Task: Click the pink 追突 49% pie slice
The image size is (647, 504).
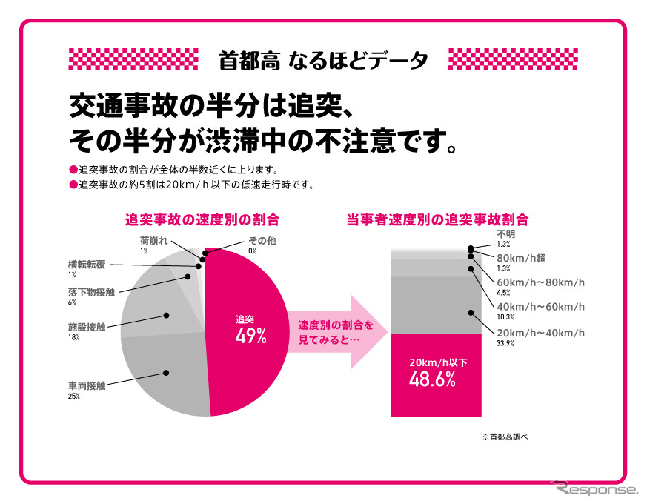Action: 248,334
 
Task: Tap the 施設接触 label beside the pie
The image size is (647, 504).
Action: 86,326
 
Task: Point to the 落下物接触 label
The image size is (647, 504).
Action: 90,292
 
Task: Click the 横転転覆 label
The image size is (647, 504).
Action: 86,264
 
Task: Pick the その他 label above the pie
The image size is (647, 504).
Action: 262,242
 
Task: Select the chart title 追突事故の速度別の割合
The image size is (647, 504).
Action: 202,219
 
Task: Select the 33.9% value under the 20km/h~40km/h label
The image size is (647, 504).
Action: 505,344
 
